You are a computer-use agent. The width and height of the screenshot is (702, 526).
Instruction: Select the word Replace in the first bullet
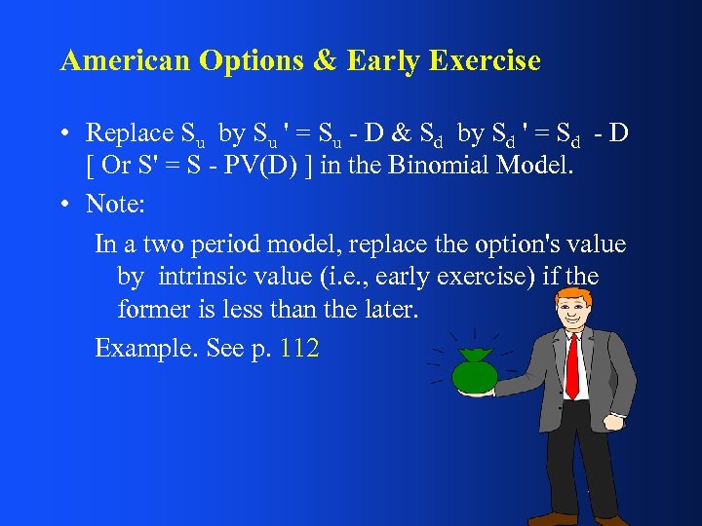coord(126,132)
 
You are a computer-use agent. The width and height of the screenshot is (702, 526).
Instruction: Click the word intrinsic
coord(202,277)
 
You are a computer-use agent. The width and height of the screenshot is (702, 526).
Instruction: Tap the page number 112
coord(299,348)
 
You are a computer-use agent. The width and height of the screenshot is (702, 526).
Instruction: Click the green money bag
coord(474,371)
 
